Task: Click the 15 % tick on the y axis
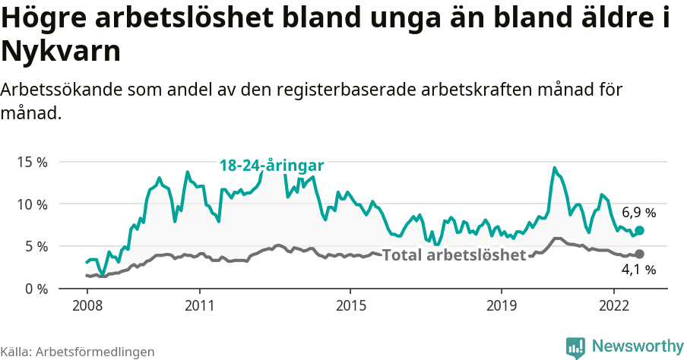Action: pyautogui.click(x=31, y=163)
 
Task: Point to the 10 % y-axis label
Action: pyautogui.click(x=31, y=204)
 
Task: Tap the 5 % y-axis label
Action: pyautogui.click(x=35, y=247)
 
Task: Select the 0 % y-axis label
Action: pyautogui.click(x=35, y=289)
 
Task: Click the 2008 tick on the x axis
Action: pyautogui.click(x=87, y=306)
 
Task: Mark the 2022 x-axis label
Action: pyautogui.click(x=614, y=306)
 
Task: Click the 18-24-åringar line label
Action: pyautogui.click(x=272, y=166)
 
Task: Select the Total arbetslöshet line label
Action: pyautogui.click(x=454, y=255)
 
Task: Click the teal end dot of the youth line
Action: pyautogui.click(x=639, y=230)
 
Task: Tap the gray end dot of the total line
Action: pyautogui.click(x=639, y=254)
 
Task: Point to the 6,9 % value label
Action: pyautogui.click(x=638, y=213)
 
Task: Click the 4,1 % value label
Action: pyautogui.click(x=638, y=270)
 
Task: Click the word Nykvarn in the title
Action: pyautogui.click(x=61, y=52)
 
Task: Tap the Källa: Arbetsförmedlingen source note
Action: pyautogui.click(x=78, y=352)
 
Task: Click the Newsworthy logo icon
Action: pyautogui.click(x=575, y=347)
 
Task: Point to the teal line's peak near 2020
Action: pyautogui.click(x=554, y=168)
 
